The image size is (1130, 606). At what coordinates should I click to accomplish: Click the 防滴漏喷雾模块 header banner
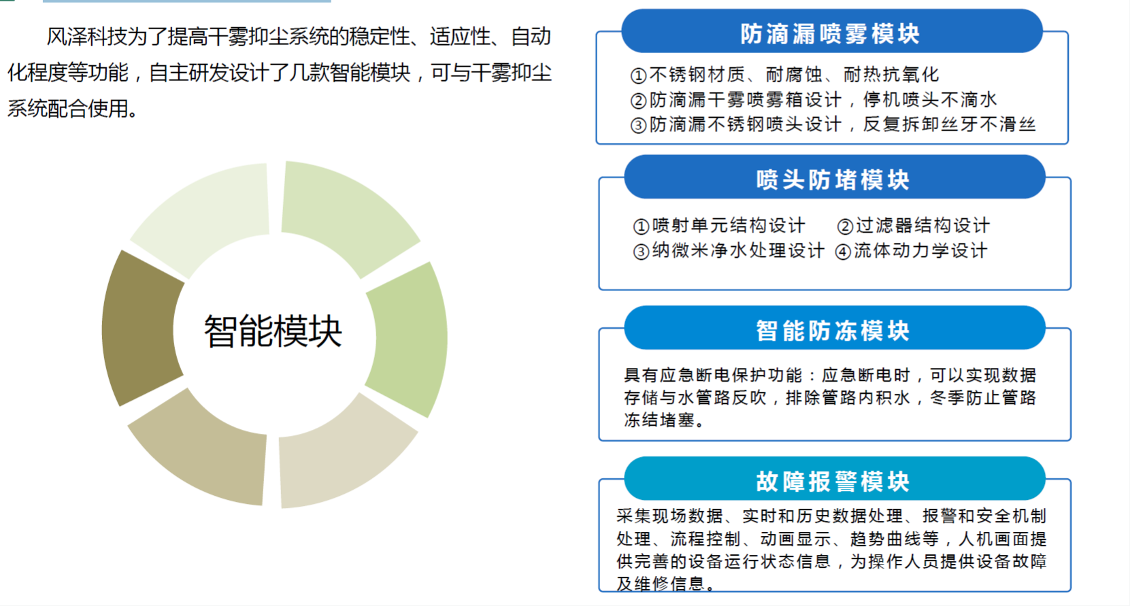pyautogui.click(x=832, y=31)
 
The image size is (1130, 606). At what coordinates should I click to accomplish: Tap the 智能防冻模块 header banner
pyautogui.click(x=834, y=328)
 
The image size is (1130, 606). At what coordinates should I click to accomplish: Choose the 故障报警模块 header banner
pyautogui.click(x=834, y=478)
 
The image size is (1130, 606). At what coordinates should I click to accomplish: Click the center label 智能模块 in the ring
pyautogui.click(x=273, y=331)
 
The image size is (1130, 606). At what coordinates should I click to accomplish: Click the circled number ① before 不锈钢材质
pyautogui.click(x=638, y=75)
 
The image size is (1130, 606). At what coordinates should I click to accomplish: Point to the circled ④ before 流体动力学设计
pyautogui.click(x=843, y=252)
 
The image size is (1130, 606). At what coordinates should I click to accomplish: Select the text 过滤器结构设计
pyautogui.click(x=923, y=225)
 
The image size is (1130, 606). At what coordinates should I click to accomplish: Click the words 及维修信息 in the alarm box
pyautogui.click(x=660, y=584)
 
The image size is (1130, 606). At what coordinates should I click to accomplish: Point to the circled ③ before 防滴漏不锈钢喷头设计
pyautogui.click(x=638, y=125)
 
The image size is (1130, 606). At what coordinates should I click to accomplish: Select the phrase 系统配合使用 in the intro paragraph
pyautogui.click(x=68, y=108)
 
